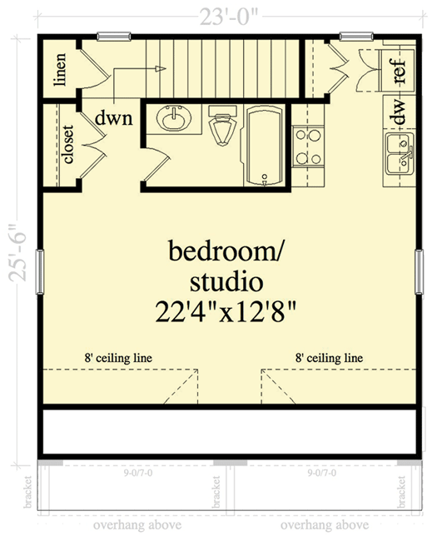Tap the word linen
point(59,72)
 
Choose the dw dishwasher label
point(400,112)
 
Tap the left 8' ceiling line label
point(117,358)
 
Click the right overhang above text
point(325,526)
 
